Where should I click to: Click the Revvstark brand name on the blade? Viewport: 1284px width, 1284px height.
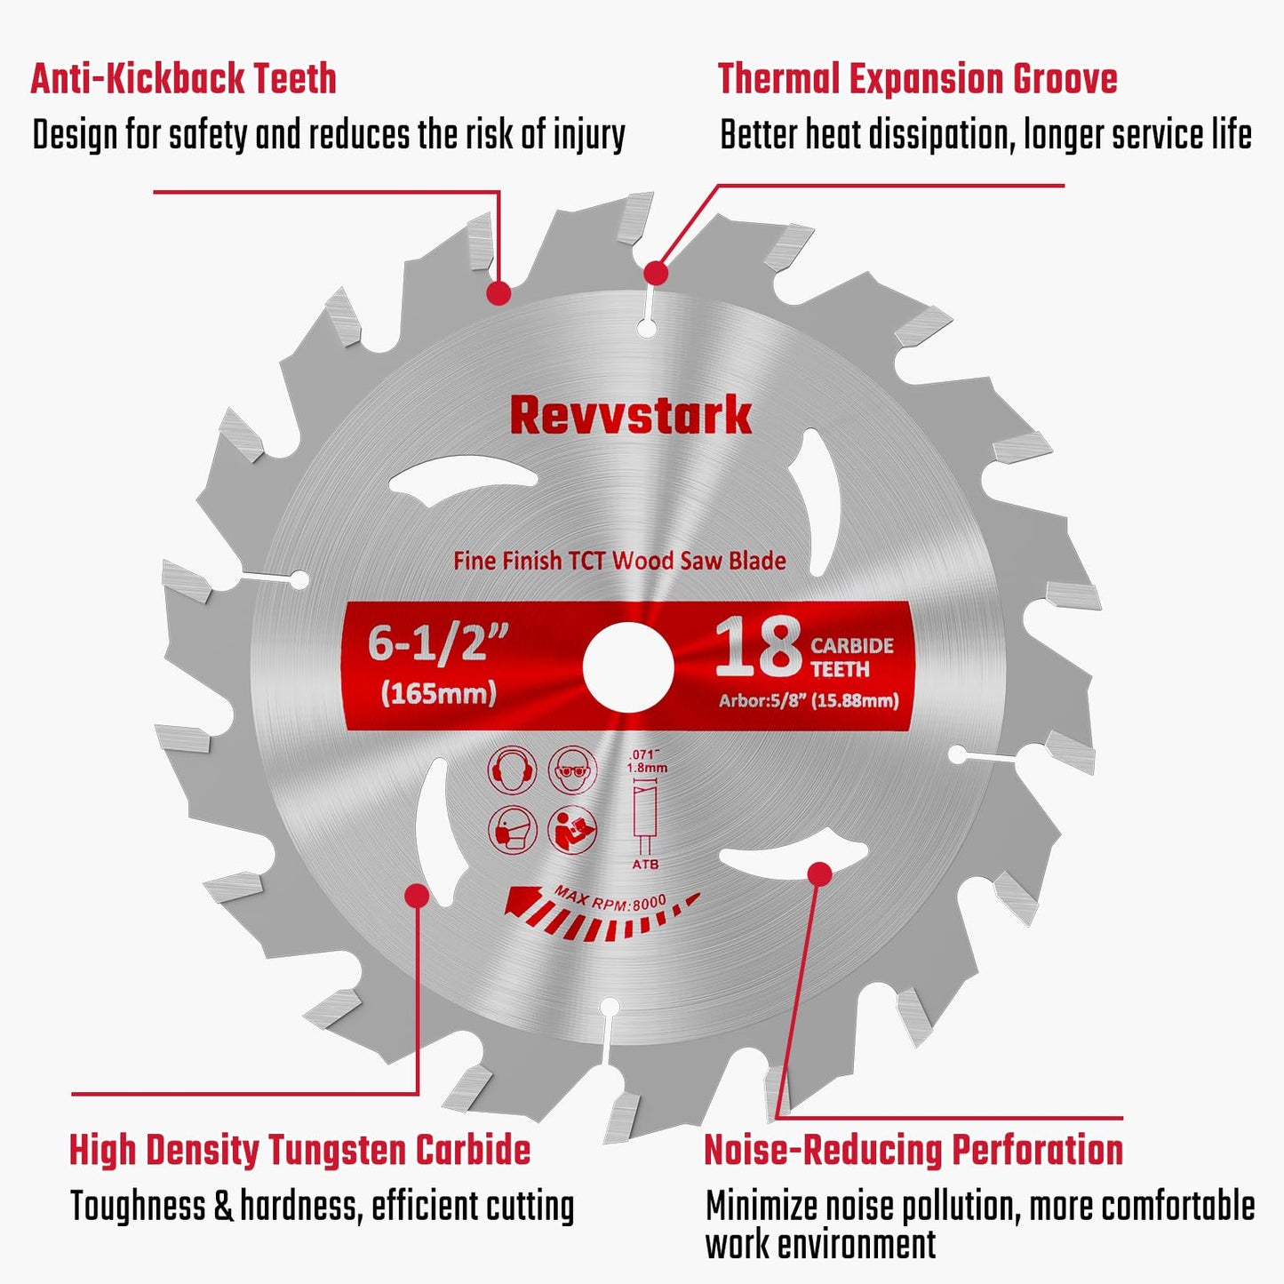(x=630, y=416)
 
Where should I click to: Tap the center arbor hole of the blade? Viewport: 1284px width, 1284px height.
(x=628, y=666)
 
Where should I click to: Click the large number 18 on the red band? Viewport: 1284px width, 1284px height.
(x=758, y=647)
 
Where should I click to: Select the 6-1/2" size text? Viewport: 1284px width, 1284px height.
(x=438, y=642)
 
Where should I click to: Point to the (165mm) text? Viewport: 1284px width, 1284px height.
(x=438, y=693)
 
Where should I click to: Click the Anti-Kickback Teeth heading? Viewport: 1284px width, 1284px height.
(x=184, y=78)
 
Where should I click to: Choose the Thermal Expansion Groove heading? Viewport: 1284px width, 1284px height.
(x=917, y=78)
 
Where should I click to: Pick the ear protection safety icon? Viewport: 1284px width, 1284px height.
(x=513, y=770)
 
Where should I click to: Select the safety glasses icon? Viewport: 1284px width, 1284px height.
(x=572, y=770)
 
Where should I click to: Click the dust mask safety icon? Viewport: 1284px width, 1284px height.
(x=513, y=829)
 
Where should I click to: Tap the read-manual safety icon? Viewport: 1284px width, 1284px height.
(x=572, y=829)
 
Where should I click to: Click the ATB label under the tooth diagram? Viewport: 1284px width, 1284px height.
(x=646, y=864)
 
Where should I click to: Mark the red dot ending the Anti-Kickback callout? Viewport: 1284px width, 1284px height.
(x=499, y=292)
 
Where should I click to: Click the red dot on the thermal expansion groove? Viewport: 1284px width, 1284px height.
(x=656, y=273)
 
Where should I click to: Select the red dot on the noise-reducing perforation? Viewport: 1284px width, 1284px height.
(x=819, y=873)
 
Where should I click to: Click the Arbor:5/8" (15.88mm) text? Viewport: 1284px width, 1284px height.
(x=809, y=701)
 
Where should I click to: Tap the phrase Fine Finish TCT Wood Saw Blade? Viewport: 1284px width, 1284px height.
(x=619, y=561)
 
